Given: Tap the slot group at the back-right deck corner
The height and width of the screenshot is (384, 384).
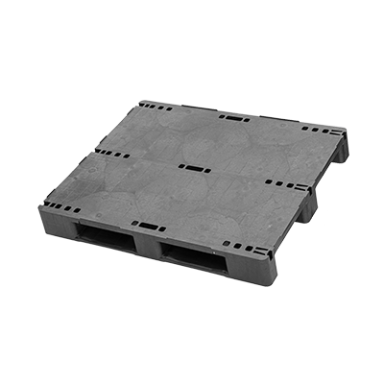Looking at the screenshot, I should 322,131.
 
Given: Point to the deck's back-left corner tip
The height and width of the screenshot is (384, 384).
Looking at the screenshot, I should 137,98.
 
